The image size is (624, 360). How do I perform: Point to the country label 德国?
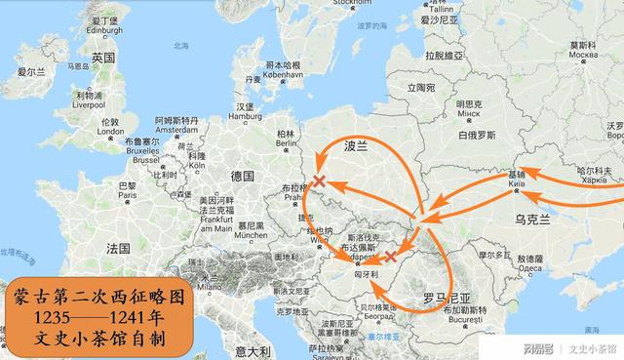(242, 176)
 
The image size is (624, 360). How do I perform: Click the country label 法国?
(119, 248)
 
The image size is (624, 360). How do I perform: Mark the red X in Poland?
(320, 180)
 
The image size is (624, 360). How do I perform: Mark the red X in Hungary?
(391, 258)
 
